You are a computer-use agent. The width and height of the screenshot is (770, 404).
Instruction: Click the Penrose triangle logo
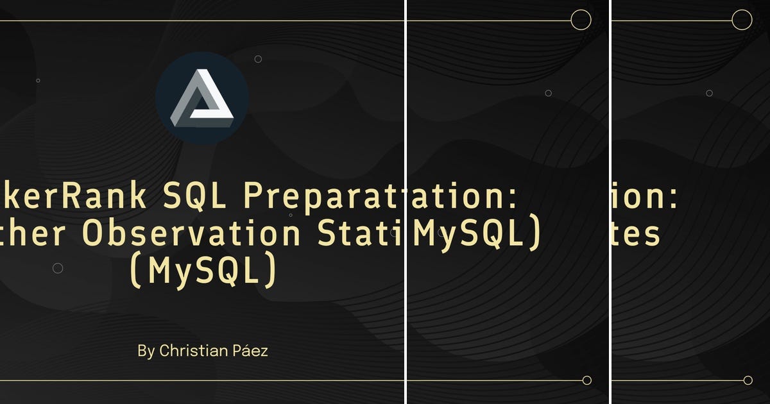click(x=202, y=98)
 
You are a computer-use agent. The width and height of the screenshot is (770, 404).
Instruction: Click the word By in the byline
click(x=146, y=351)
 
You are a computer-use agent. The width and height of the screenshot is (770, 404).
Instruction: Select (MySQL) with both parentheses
click(x=203, y=271)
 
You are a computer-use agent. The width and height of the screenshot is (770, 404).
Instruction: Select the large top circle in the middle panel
click(x=581, y=20)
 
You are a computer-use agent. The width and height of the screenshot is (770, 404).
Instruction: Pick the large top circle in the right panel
click(x=742, y=20)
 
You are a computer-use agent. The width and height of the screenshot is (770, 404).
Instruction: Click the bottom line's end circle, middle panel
click(x=586, y=380)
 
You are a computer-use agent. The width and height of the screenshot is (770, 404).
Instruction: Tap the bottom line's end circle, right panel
click(x=748, y=380)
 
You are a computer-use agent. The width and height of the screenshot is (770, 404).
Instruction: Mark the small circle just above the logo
click(x=258, y=59)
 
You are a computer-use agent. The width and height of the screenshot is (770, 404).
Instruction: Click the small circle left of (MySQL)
click(x=58, y=268)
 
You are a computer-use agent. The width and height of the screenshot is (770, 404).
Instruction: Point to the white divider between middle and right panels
click(x=610, y=202)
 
